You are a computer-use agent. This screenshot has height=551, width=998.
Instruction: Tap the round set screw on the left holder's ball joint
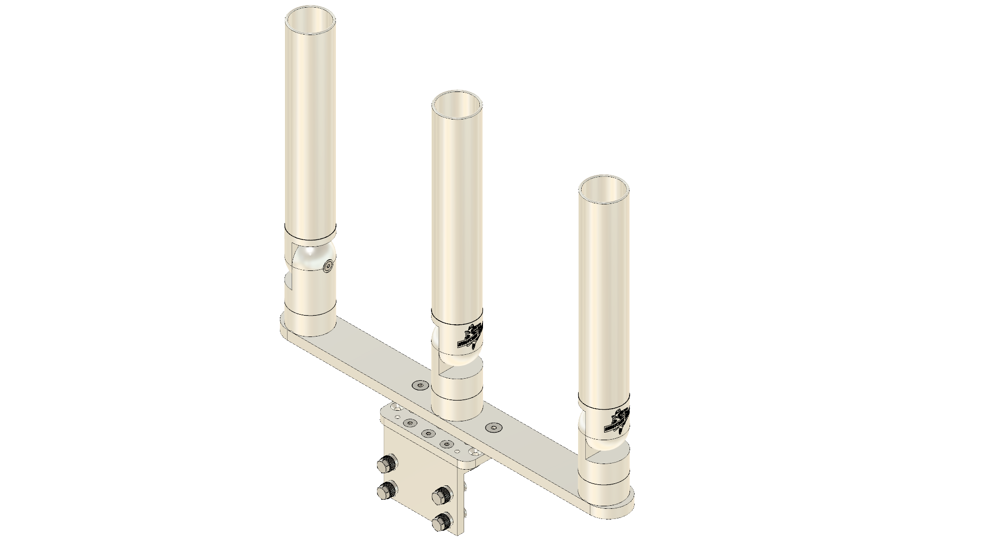pos(328,266)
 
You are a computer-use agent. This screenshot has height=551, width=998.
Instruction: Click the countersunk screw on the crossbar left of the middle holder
pos(420,386)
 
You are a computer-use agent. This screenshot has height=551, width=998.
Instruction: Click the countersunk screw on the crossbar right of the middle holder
pos(492,428)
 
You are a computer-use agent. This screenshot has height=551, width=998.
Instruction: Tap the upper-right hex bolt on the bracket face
pos(441,495)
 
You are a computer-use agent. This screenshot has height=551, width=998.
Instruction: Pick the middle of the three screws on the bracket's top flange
pos(427,433)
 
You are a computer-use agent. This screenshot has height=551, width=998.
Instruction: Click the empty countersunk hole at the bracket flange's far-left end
pos(395,407)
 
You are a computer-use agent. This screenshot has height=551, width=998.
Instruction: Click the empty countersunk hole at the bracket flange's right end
pos(474,451)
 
